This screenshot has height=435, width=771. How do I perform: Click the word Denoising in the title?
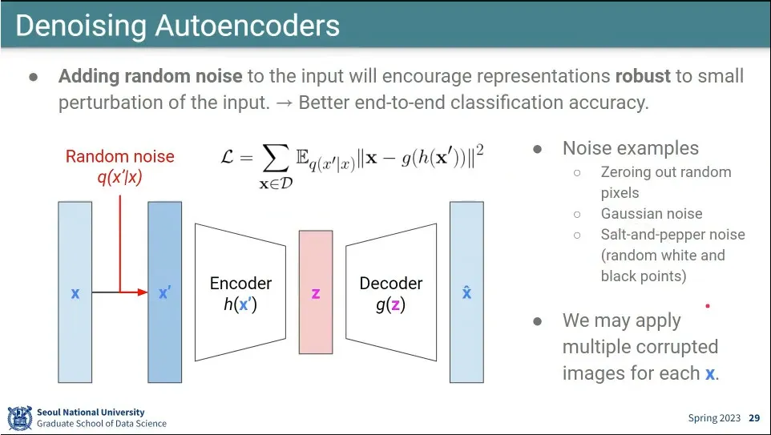(79, 26)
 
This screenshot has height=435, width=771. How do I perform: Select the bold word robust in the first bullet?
(642, 76)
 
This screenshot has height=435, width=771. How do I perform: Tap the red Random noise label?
(119, 156)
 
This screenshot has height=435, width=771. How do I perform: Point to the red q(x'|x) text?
(119, 177)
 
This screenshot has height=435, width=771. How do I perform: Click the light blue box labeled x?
(75, 292)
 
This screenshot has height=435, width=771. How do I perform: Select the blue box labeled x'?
(164, 292)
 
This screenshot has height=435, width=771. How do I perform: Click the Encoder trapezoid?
(240, 292)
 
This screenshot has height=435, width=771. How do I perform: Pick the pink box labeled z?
(316, 292)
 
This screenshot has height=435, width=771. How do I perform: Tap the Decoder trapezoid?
(391, 292)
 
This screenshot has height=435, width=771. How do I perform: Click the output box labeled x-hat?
(466, 292)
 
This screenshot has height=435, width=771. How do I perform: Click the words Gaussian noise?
(651, 214)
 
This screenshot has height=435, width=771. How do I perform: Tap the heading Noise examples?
(630, 148)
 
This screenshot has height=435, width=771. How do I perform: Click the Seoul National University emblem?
(19, 418)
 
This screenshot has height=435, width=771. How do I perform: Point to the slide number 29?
(754, 418)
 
